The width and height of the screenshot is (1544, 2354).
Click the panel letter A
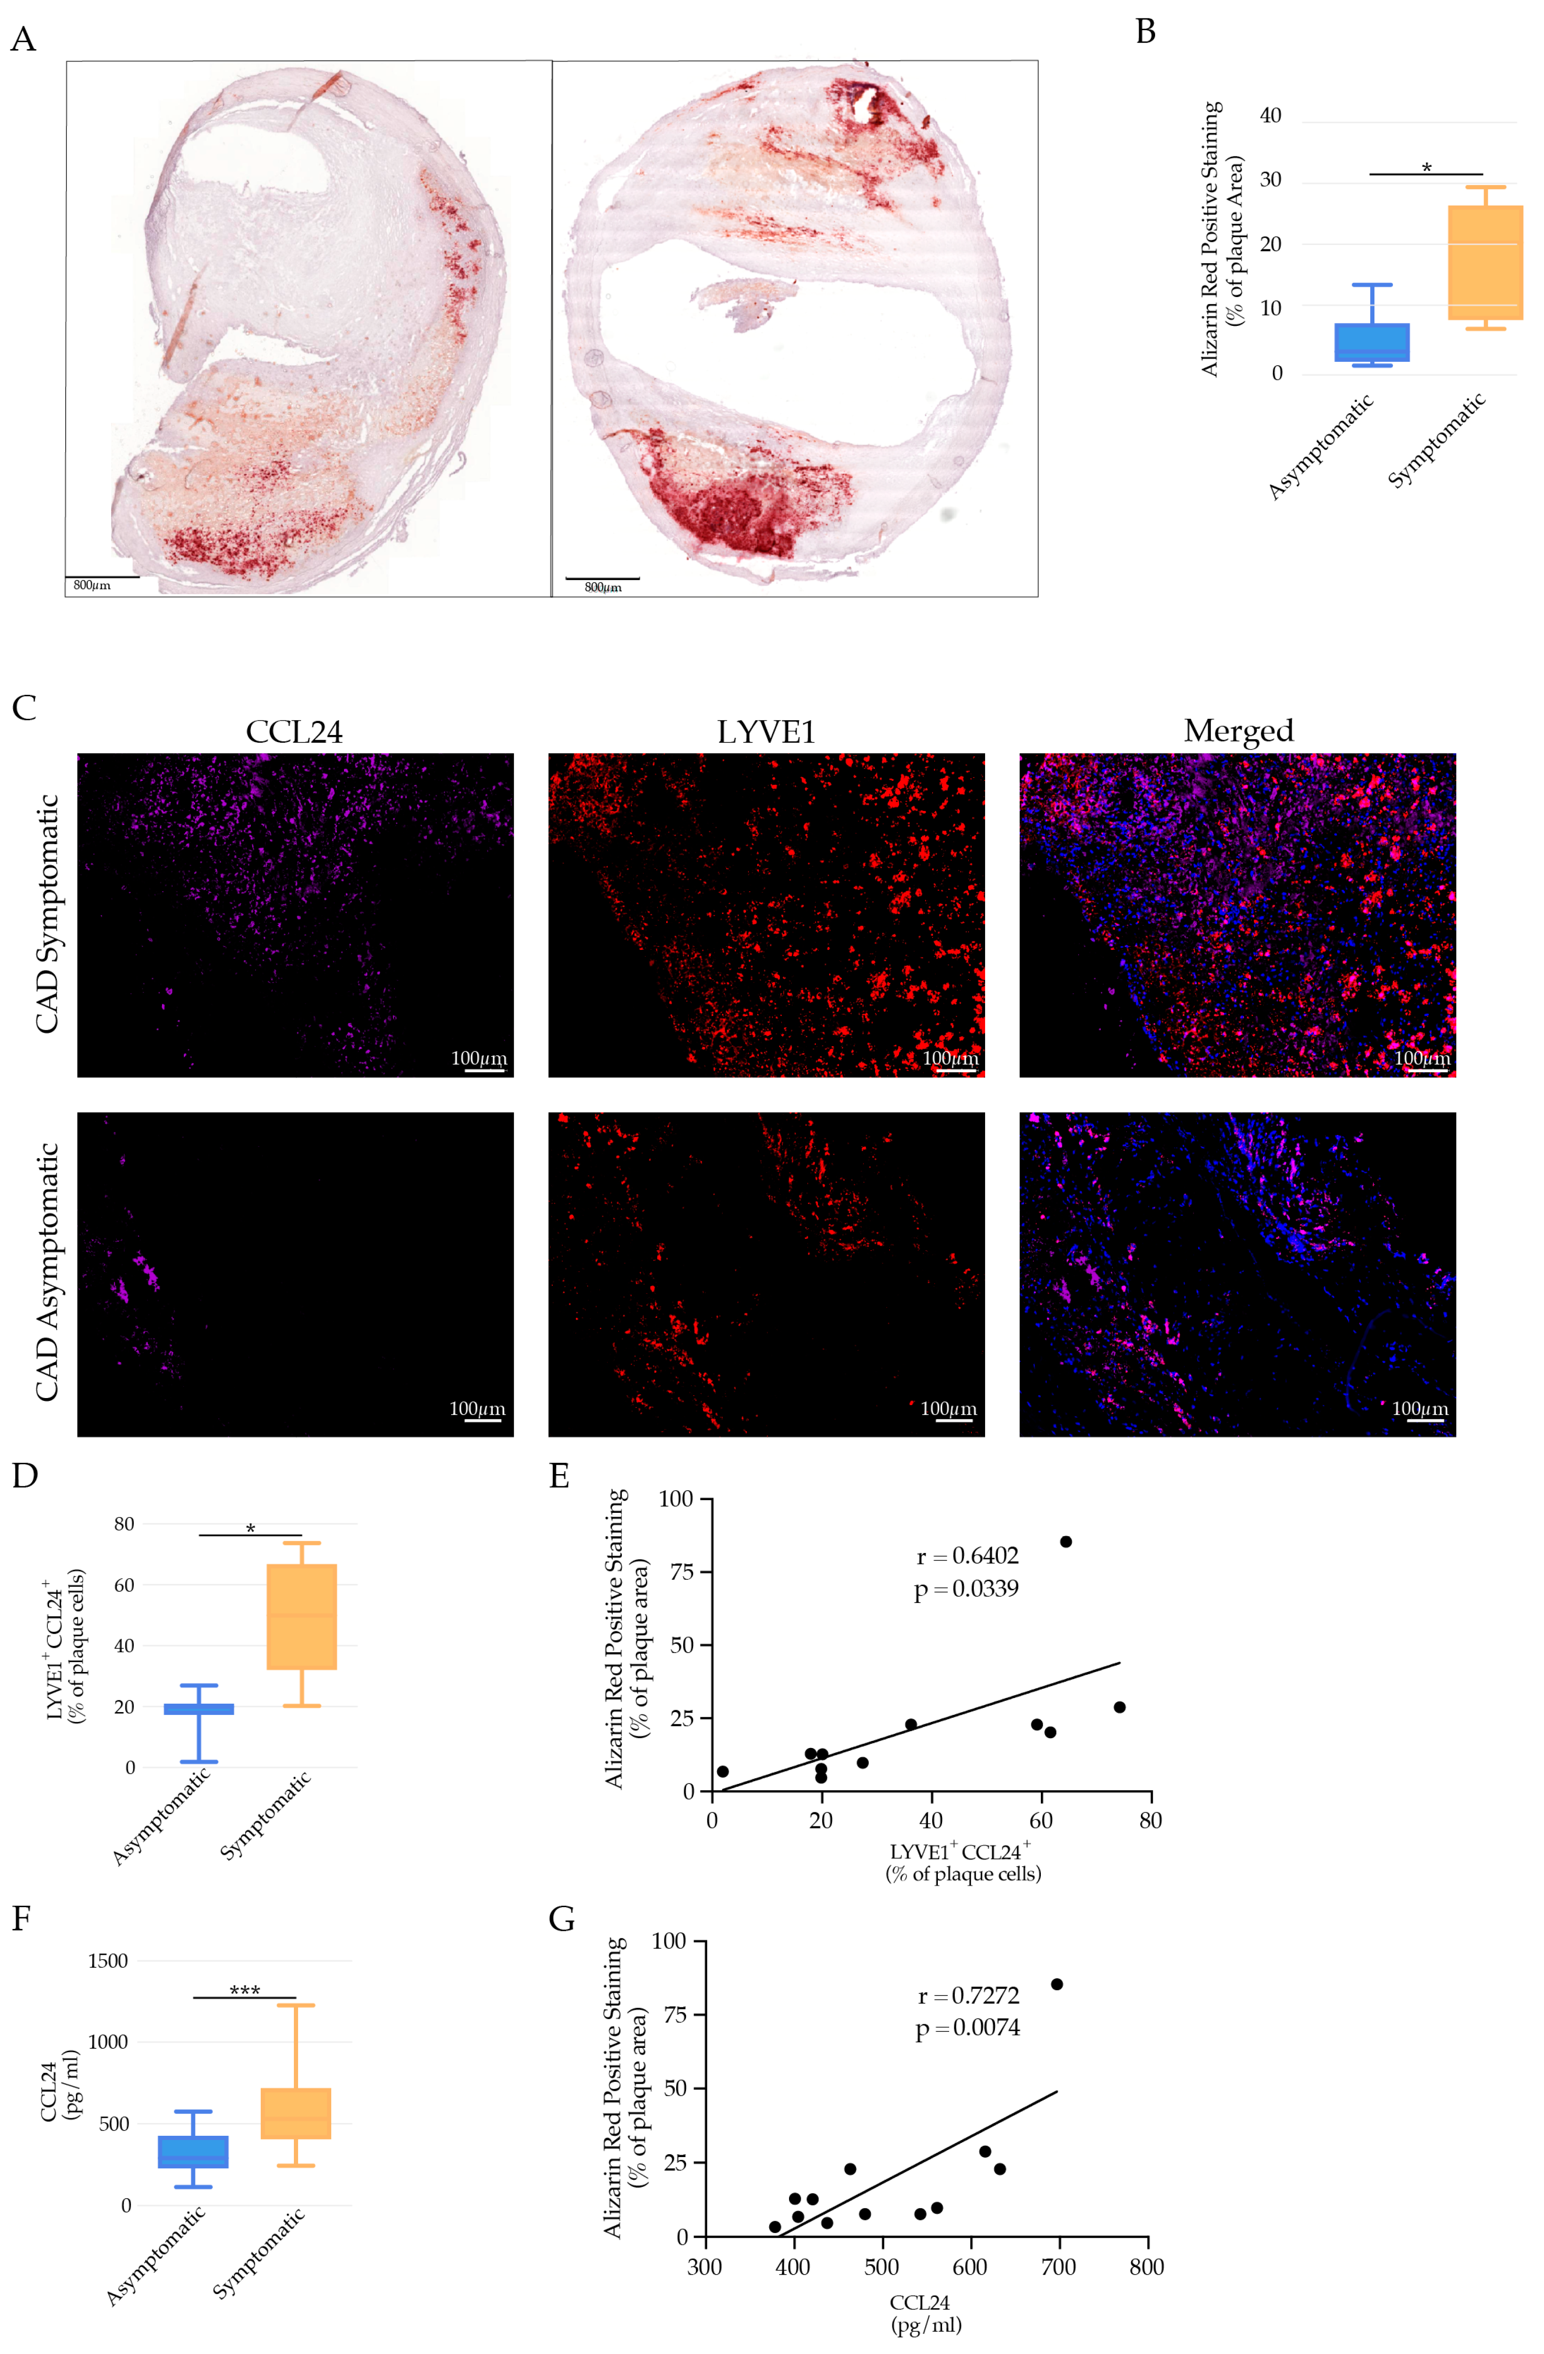[x=23, y=40]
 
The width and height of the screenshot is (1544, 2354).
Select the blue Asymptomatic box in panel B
[x=1372, y=342]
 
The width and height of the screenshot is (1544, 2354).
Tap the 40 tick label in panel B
[x=1270, y=116]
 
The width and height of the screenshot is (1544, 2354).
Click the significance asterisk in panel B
[x=1426, y=168]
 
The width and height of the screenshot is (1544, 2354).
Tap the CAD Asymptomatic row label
[x=47, y=1273]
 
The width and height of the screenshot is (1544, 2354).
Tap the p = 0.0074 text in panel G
[x=966, y=2028]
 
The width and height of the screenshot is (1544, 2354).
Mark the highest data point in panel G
[x=1056, y=1984]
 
